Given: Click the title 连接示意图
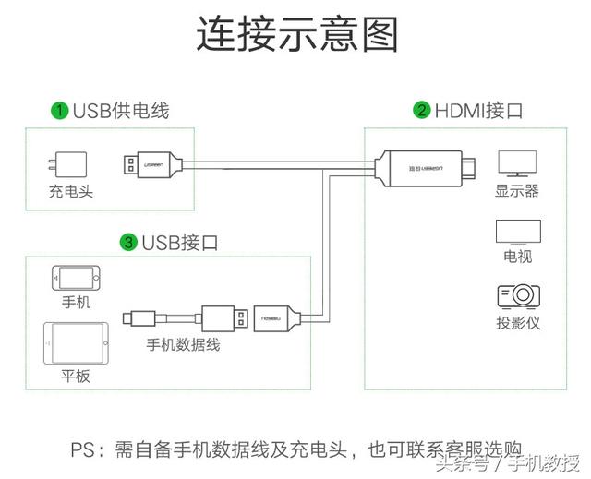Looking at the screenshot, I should coord(296,35).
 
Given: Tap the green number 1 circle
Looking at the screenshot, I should coord(59,111).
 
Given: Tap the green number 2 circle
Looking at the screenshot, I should coord(422,111).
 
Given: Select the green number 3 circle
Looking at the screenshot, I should coord(129,243).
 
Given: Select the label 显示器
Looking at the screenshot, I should coord(516,191).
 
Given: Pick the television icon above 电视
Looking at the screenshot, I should coord(516,231).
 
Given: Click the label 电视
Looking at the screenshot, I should coord(516,256).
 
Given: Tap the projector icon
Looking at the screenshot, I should coord(517,296).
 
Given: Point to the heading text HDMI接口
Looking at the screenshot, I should coord(479,111).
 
